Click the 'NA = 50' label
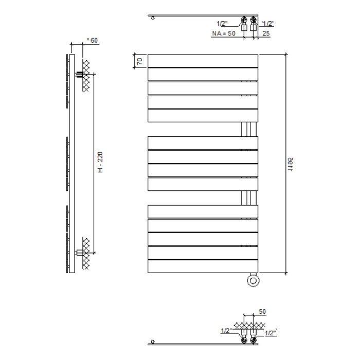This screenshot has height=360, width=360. tap(224, 33)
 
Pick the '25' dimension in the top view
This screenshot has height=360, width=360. tap(266, 33)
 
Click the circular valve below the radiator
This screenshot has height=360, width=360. tap(253, 280)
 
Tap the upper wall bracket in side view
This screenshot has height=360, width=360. tap(82, 75)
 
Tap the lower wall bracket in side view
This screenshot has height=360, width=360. tap(82, 253)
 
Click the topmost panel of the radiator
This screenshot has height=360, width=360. tap(203, 60)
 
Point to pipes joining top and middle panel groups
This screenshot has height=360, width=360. tap(247, 129)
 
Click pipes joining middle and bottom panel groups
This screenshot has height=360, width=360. tap(247, 198)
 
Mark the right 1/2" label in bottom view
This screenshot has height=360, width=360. tap(270, 333)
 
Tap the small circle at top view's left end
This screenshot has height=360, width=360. tap(153, 19)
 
